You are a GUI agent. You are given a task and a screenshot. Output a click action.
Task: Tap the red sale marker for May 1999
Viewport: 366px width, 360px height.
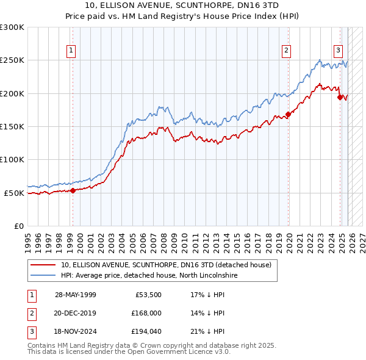73,190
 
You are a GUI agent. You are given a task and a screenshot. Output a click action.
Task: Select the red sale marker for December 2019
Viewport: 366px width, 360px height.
288,115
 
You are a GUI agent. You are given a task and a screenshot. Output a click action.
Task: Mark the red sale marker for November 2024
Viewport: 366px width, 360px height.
340,97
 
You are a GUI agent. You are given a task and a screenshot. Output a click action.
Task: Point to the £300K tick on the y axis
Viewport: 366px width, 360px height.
12,27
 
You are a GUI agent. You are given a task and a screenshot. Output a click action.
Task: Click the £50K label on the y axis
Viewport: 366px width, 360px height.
14,193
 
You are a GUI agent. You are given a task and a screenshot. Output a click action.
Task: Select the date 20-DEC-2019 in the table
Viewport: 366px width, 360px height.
75,313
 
